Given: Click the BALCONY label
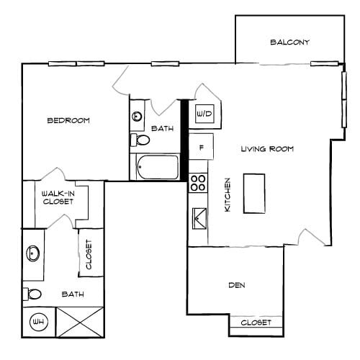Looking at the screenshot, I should (289, 42).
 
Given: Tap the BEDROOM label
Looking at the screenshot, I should (68, 121).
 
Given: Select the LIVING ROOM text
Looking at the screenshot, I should (267, 149).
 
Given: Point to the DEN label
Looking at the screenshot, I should (237, 286).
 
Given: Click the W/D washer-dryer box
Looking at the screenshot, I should (204, 114).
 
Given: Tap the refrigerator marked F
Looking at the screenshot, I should (202, 149).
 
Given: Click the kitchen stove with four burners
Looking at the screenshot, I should (198, 183).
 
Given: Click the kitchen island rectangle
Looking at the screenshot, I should (254, 193).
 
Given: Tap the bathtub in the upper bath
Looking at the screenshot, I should (157, 167).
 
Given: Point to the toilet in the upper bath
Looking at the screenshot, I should (140, 139).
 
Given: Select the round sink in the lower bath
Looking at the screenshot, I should (33, 253).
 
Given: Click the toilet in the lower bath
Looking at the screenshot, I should (32, 293).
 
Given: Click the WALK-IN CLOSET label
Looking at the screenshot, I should (57, 198).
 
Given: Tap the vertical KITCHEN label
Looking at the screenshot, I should (227, 194).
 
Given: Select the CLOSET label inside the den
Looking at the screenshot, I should (256, 323).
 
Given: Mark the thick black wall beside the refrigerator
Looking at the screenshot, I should (184, 140).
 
